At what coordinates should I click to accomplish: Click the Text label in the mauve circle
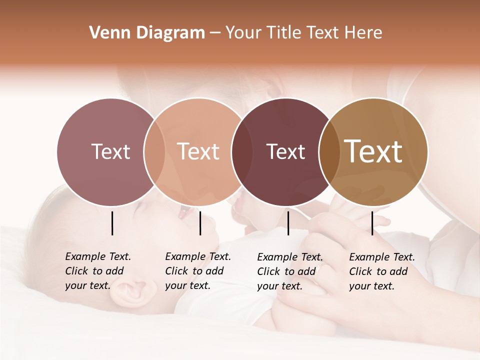point(110,151)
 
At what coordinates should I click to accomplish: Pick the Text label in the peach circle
point(198,151)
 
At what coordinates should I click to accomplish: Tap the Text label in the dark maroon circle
point(285,151)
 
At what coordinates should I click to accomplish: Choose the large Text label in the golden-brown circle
point(373,151)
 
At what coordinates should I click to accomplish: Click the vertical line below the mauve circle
point(112,223)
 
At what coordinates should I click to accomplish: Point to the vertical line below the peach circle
point(200,223)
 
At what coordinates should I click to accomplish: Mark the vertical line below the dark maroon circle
point(288,223)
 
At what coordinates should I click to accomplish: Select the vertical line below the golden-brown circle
point(372,223)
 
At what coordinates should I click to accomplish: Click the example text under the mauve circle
point(98,271)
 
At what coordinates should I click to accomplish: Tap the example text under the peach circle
point(198,271)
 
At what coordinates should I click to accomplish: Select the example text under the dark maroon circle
point(290,271)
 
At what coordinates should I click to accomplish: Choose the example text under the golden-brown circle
point(382,271)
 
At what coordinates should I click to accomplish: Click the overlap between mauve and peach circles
point(154,151)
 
